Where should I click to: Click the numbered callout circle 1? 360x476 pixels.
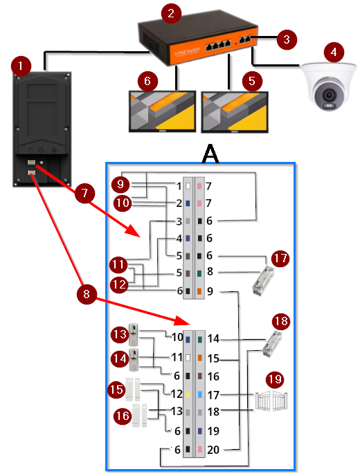click(x=21, y=66)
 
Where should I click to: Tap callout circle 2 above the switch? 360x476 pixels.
click(x=171, y=13)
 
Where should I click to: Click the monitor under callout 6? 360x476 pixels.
click(x=162, y=111)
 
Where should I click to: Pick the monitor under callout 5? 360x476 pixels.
click(x=235, y=112)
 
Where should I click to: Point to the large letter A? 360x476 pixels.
click(x=210, y=154)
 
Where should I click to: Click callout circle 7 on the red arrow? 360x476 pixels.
click(x=84, y=193)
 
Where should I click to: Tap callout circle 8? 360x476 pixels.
click(x=87, y=294)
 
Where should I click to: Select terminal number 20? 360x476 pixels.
click(x=213, y=450)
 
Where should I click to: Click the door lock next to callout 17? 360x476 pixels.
click(x=263, y=281)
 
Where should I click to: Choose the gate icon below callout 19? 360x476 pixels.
click(x=271, y=401)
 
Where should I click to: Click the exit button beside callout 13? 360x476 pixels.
click(x=134, y=335)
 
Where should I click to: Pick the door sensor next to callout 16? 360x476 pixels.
click(x=140, y=415)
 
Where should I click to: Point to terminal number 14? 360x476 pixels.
click(x=213, y=339)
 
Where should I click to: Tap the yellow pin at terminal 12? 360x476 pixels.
click(x=188, y=394)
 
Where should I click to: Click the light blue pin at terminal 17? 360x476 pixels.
click(x=200, y=394)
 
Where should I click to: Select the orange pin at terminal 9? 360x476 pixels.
click(x=199, y=291)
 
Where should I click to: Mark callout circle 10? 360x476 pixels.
click(x=123, y=203)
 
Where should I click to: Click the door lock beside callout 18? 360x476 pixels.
click(x=272, y=345)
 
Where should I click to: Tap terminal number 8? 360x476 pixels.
click(x=210, y=271)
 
